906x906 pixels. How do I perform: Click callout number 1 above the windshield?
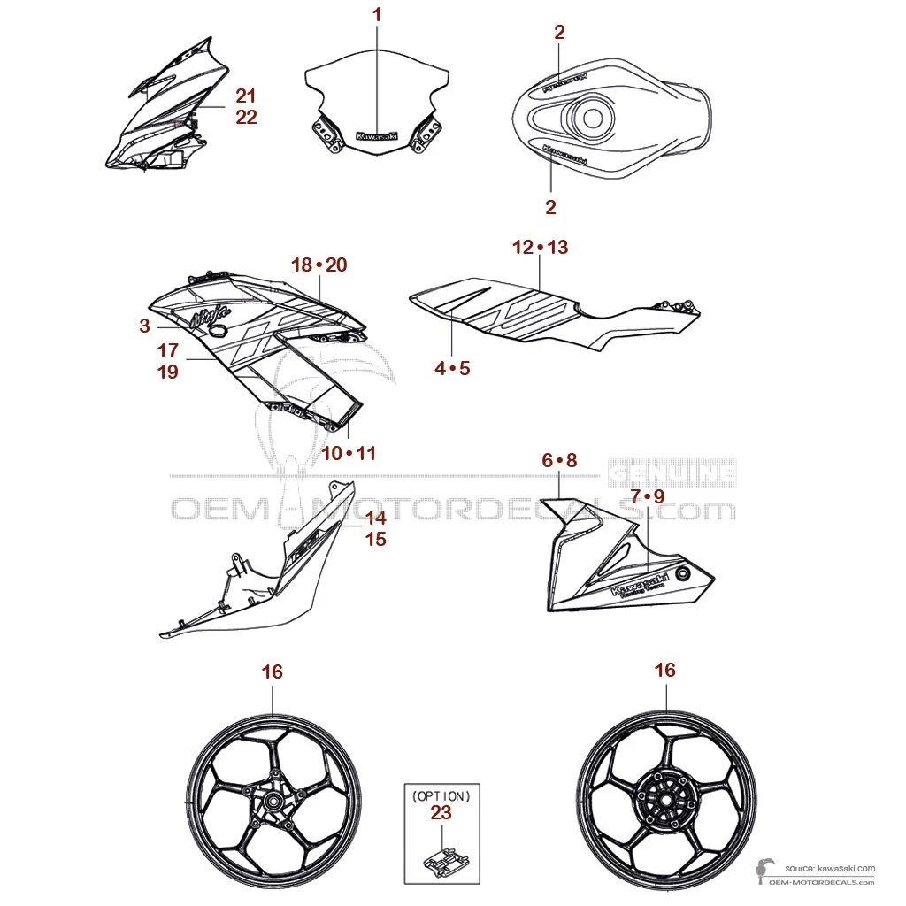pos(377,14)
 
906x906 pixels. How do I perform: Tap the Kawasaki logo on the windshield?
pos(377,136)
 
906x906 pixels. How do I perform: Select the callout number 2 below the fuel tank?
pos(550,207)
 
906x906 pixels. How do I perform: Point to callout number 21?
pos(246,96)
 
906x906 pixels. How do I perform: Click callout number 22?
pos(246,117)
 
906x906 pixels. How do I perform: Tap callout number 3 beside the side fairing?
pos(144,326)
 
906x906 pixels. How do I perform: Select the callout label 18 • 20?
pos(319,265)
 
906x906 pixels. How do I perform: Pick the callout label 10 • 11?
pos(348,453)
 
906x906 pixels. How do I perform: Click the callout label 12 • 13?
pos(540,247)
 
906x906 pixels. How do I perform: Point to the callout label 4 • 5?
pos(452,367)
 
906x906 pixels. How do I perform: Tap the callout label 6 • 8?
pos(559,460)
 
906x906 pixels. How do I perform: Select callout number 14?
pos(376,518)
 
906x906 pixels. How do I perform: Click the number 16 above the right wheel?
pos(664,670)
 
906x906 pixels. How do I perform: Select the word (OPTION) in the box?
pos(441,795)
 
